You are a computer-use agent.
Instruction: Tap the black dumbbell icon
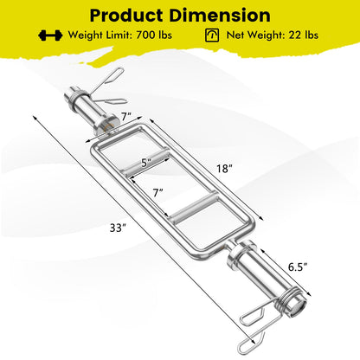click(50, 35)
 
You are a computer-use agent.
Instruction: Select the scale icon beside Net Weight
click(212, 35)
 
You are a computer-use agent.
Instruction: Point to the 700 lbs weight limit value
click(154, 35)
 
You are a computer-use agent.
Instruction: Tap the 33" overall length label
click(118, 228)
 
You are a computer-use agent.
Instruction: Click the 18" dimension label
click(224, 169)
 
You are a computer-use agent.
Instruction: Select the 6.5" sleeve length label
click(297, 267)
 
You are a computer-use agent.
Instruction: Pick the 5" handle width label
click(146, 163)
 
